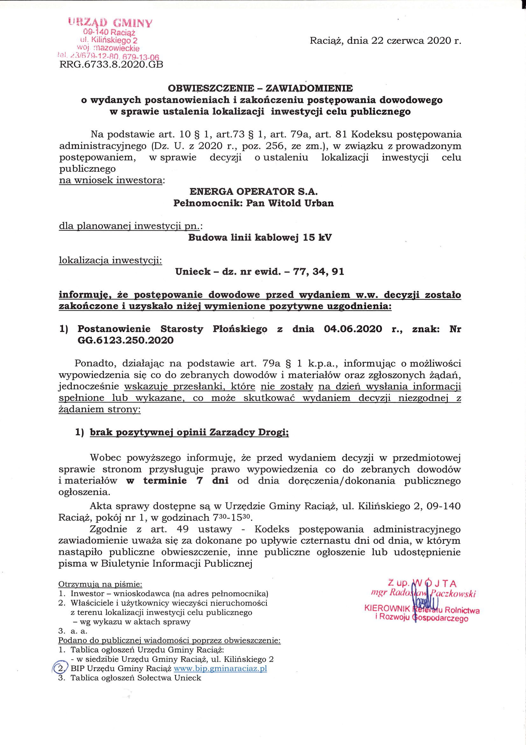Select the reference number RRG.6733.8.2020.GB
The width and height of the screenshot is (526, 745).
coord(111,65)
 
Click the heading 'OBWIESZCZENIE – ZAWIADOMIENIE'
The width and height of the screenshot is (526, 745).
coord(260,88)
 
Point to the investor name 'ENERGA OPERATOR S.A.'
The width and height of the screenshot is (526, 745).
coord(251,192)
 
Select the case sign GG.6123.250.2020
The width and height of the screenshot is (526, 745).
coord(125,340)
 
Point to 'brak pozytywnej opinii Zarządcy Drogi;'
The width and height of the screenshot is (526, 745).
coord(189,433)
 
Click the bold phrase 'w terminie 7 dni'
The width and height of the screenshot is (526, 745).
coord(177,481)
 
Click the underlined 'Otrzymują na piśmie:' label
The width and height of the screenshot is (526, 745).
coord(100,584)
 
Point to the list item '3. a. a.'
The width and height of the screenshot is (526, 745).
coord(73,631)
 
